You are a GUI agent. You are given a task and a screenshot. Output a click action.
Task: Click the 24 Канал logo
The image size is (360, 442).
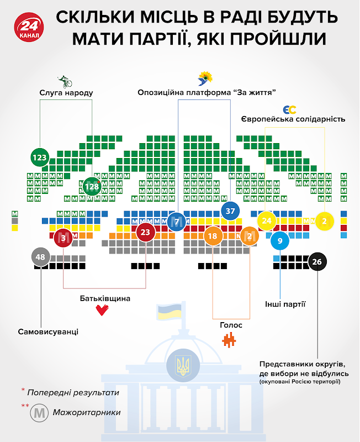click(x=29, y=27)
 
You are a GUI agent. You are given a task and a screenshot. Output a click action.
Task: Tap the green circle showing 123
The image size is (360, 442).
click(x=40, y=157)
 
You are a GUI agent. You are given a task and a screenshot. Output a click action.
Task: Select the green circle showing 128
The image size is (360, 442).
click(x=92, y=186)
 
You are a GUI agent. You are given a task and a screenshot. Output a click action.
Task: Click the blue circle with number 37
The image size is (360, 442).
click(x=230, y=211)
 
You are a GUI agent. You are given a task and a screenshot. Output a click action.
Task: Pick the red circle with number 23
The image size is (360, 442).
click(x=145, y=232)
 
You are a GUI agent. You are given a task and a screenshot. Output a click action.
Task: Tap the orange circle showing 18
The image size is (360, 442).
click(x=213, y=236)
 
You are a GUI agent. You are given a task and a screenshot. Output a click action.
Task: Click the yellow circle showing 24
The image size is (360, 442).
click(x=267, y=220)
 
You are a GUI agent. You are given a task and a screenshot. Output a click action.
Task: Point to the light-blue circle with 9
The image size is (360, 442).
click(x=280, y=241)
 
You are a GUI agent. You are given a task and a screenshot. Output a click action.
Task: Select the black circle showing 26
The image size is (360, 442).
click(x=317, y=261)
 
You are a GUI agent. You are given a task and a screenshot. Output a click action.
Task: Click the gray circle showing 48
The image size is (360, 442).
click(x=40, y=257)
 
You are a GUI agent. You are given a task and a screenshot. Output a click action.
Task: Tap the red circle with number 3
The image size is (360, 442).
click(x=63, y=238)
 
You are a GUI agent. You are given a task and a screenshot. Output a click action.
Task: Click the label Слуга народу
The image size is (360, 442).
click(x=66, y=93)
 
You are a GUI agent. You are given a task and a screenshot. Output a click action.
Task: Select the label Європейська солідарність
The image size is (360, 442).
click(x=293, y=119)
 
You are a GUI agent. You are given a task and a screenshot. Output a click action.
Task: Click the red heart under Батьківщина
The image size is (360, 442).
click(x=102, y=310)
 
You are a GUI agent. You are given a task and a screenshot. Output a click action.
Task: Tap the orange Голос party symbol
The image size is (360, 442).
click(x=229, y=340)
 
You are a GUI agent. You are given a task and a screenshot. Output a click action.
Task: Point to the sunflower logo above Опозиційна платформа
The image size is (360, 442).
click(x=205, y=78)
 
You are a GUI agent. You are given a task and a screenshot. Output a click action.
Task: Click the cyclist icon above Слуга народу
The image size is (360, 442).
click(x=65, y=82)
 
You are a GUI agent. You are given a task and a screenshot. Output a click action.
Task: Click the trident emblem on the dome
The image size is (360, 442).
click(x=183, y=366)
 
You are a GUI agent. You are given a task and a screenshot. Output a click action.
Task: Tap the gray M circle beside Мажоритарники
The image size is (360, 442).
click(x=39, y=413)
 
